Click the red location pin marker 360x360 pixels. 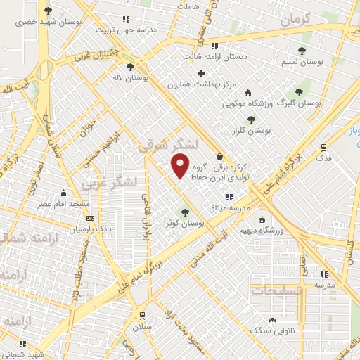tap(181, 165)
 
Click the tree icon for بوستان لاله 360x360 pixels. tap(131, 67)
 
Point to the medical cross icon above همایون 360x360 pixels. tap(202, 73)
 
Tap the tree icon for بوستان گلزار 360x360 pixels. tap(251, 120)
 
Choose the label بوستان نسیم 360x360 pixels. tap(301, 62)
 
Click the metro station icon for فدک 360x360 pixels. tap(323, 147)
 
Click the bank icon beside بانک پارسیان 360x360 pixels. tap(89, 217)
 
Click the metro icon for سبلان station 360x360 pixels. tap(143, 315)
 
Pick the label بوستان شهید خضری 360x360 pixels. tap(47, 22)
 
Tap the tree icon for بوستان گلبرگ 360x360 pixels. tap(299, 92)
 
